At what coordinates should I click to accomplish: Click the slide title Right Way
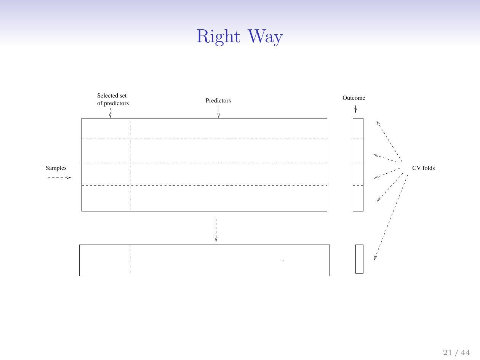[240, 37]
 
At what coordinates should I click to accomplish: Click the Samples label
[56, 168]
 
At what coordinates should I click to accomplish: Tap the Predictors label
[218, 101]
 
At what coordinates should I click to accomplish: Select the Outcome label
[354, 98]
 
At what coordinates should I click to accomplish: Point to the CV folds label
[423, 168]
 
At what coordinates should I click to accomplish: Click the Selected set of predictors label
[113, 99]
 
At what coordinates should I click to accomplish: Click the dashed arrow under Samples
[60, 178]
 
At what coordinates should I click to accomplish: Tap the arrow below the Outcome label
[355, 109]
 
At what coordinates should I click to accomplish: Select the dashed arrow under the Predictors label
[219, 112]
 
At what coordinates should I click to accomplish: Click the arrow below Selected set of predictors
[110, 113]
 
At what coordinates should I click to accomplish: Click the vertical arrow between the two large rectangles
[216, 230]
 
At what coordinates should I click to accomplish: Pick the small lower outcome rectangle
[359, 259]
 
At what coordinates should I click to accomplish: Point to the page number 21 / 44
[456, 352]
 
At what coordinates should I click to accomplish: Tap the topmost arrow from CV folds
[389, 141]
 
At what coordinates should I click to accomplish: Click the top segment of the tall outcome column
[358, 128]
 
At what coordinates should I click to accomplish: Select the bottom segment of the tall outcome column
[358, 198]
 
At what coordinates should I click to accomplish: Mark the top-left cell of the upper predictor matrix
[106, 128]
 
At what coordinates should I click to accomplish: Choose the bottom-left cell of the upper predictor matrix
[106, 198]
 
